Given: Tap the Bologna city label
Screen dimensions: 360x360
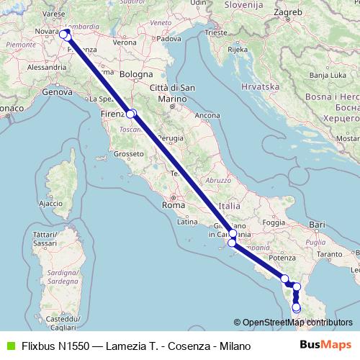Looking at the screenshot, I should [x=137, y=74].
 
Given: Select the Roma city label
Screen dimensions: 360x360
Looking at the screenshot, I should [x=174, y=205].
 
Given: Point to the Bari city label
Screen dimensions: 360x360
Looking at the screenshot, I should [x=318, y=225].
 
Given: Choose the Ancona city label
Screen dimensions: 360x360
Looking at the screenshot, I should [x=207, y=115].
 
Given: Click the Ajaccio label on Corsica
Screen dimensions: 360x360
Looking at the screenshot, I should [x=50, y=204].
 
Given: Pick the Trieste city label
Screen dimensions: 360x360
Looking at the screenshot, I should [x=215, y=32].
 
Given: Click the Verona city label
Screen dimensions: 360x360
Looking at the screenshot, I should [x=125, y=42].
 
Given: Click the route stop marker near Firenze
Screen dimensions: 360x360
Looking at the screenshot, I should [x=130, y=113].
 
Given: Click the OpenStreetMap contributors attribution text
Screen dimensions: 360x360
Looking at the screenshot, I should [x=297, y=323].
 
